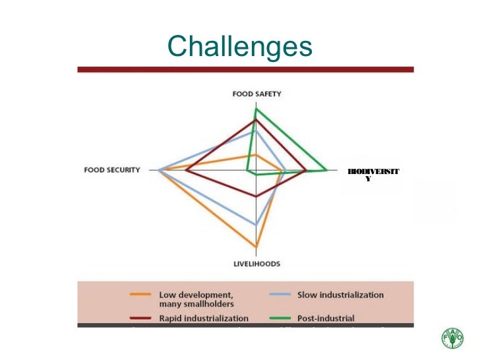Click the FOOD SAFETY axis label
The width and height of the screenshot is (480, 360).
click(256, 94)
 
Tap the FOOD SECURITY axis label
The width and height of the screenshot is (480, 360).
click(112, 170)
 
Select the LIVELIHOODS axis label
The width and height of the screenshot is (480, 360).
click(256, 264)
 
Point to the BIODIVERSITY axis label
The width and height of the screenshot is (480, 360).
click(373, 174)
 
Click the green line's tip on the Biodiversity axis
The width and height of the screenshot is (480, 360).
click(328, 171)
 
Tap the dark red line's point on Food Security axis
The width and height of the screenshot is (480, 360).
click(186, 171)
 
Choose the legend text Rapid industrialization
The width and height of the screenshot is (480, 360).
click(198, 318)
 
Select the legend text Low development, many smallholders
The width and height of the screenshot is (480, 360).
click(196, 299)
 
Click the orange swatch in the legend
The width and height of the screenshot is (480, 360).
click(141, 295)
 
